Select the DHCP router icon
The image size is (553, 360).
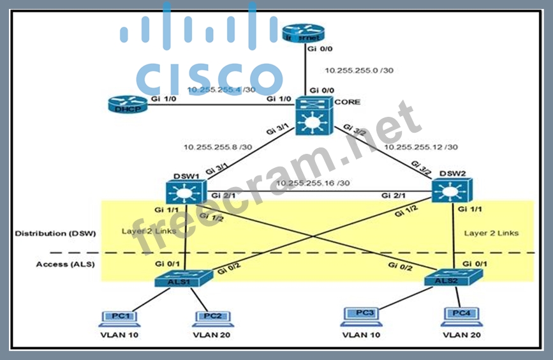(127, 105)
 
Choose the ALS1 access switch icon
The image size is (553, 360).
(184, 278)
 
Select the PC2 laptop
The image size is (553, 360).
(211, 317)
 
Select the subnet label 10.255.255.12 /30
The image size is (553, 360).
(421, 147)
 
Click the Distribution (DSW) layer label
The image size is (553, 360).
(55, 233)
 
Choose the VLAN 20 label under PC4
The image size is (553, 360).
(461, 334)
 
